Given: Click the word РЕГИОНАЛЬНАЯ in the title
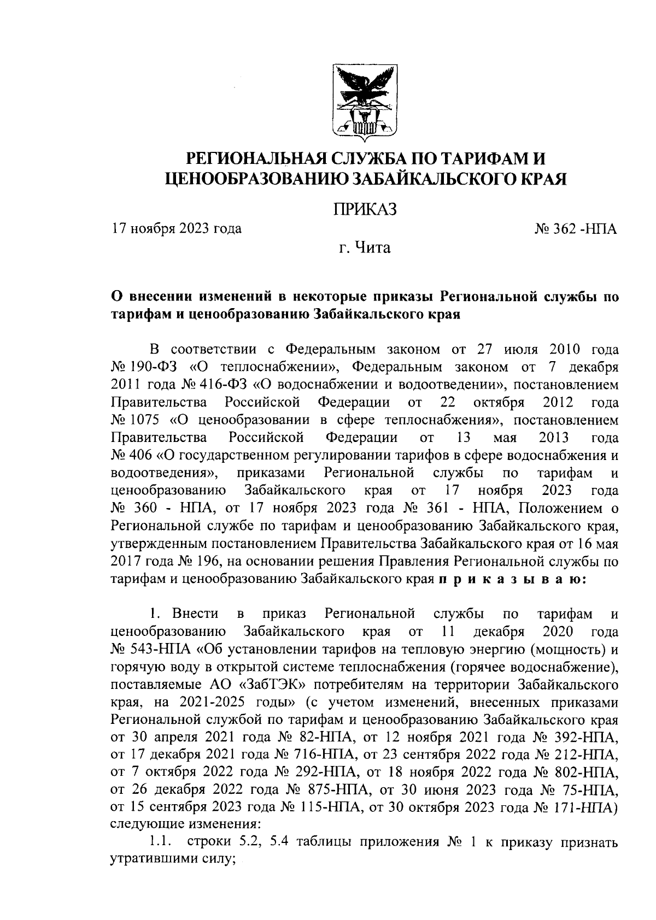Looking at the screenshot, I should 257,159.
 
